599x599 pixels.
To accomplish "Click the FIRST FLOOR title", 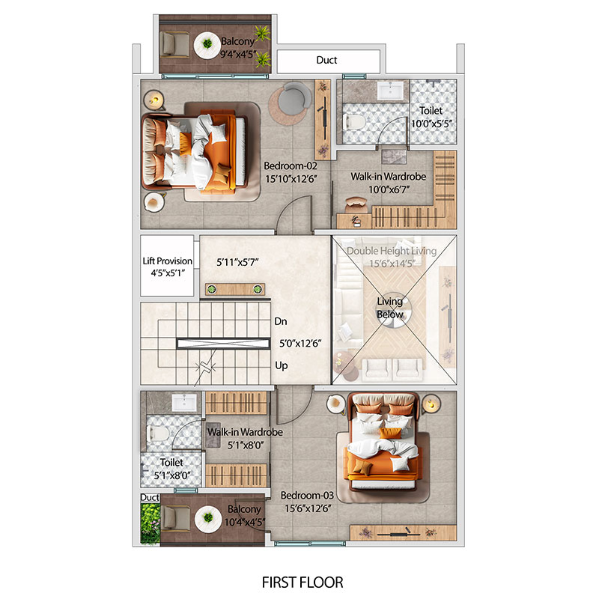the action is click(302, 583).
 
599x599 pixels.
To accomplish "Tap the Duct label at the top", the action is click(326, 60).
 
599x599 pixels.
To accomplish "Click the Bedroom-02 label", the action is click(291, 165).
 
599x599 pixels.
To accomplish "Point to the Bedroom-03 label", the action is click(307, 496).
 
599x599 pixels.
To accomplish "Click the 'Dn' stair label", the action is click(281, 321).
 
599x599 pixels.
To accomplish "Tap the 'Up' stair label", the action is click(282, 365).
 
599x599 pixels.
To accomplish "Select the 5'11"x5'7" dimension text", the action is click(237, 262).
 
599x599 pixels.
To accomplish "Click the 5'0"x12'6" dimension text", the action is click(300, 344).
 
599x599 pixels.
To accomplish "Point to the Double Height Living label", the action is click(392, 251).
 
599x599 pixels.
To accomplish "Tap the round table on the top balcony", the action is click(207, 45).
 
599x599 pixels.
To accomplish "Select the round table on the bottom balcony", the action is click(208, 518).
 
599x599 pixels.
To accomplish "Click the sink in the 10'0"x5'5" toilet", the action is click(390, 91).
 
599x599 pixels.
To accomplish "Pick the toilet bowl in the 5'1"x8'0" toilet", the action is click(158, 434).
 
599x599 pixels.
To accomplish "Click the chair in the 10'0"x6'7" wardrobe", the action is click(356, 205).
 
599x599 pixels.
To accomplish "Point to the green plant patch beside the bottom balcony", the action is click(150, 523).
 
